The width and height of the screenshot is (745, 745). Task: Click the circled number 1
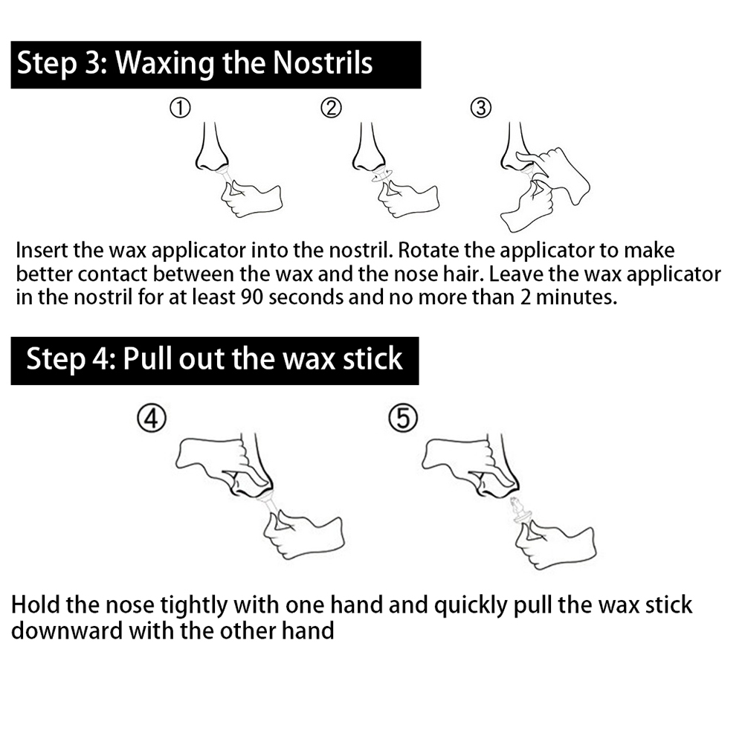[x=180, y=109]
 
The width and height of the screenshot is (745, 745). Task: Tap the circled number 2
[x=331, y=109]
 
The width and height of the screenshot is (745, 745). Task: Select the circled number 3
[x=481, y=109]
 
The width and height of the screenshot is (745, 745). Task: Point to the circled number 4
[x=152, y=419]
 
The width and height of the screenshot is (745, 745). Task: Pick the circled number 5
[x=403, y=419]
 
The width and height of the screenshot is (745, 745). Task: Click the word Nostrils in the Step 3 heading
[x=323, y=63]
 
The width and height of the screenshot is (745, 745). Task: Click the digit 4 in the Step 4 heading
[x=101, y=358]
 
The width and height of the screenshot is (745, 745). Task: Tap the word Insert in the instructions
[x=42, y=251]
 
